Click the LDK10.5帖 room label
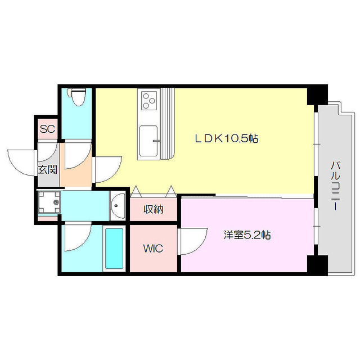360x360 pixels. [226, 138]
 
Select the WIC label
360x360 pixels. [152, 248]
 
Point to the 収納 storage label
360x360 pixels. [153, 210]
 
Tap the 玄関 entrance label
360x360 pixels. [47, 169]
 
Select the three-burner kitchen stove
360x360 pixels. [148, 101]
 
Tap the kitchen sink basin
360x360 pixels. [148, 139]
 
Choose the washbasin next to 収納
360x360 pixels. [118, 206]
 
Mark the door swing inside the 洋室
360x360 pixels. [191, 242]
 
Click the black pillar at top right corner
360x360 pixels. [316, 94]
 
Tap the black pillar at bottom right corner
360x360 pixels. [317, 264]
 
